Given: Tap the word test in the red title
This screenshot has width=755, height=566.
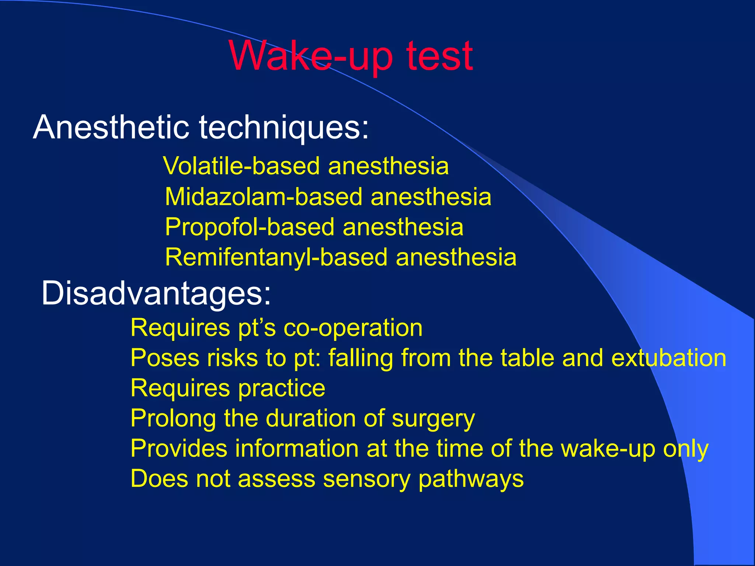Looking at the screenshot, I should (439, 56).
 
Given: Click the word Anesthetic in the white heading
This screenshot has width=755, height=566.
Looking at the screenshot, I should (111, 127).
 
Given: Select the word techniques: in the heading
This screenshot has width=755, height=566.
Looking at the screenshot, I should (284, 127).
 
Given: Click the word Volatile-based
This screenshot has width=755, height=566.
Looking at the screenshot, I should (241, 166).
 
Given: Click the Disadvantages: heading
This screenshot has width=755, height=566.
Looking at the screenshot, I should (156, 293).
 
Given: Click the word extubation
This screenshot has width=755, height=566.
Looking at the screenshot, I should (669, 358).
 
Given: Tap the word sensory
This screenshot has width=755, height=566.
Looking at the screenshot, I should (366, 479).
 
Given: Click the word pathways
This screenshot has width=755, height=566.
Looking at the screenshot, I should (471, 479).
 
